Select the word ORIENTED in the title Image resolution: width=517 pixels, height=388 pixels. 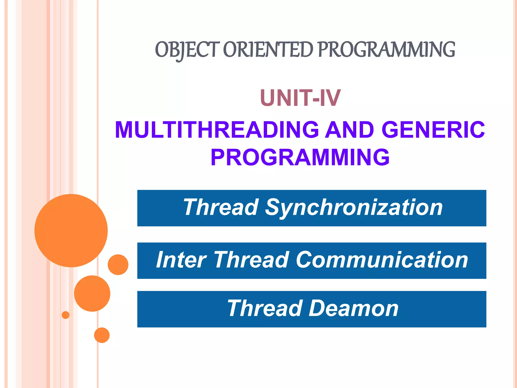point(268,50)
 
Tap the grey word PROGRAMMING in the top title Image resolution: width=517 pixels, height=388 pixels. point(386,50)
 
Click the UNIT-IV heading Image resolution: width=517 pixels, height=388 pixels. point(300,98)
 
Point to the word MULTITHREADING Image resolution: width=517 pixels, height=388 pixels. point(217,130)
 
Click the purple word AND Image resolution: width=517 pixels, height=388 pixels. point(350,130)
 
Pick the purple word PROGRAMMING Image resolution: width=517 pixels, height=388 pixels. point(300,157)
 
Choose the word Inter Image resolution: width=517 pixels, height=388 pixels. point(181,260)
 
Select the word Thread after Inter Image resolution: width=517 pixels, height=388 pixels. point(251,260)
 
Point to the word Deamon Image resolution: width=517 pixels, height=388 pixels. point(353,308)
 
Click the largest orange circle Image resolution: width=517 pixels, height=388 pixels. point(71,231)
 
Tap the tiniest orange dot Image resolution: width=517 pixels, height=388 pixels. point(66,315)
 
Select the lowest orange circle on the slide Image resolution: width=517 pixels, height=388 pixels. point(102,335)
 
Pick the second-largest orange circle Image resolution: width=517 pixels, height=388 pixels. point(92,294)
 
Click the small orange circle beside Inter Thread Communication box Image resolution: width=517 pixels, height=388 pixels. point(118,265)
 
